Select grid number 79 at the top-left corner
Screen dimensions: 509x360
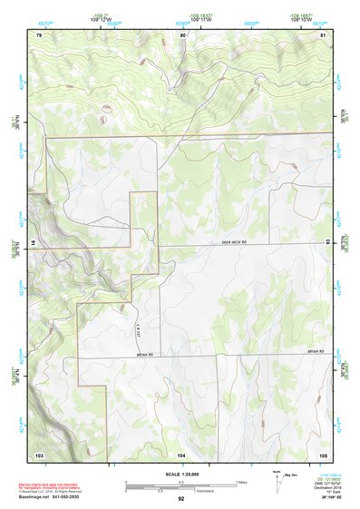[x=39, y=34]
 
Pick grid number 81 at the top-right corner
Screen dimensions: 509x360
[x=324, y=34]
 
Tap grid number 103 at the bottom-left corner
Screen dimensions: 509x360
[x=39, y=454]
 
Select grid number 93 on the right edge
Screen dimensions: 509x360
[x=327, y=241]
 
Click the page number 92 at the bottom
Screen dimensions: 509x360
[x=181, y=499]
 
